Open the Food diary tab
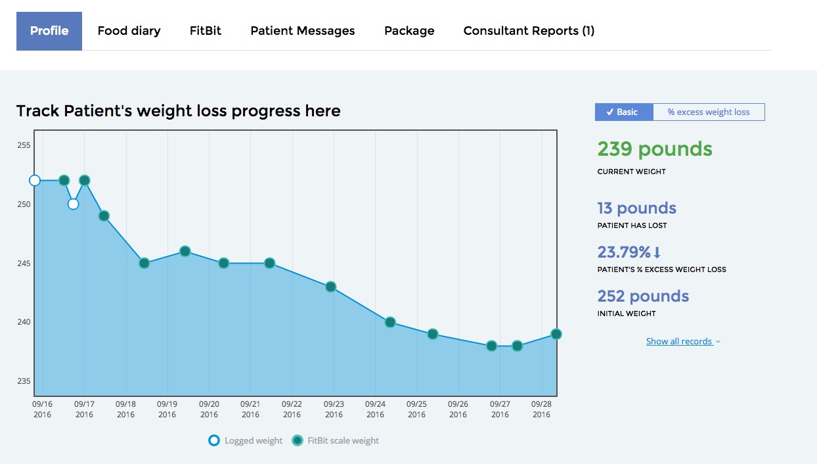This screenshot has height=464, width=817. [129, 31]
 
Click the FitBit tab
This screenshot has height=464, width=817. [206, 31]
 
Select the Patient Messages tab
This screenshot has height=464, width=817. [303, 31]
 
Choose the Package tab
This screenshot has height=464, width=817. [409, 31]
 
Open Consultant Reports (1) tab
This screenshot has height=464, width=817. [529, 31]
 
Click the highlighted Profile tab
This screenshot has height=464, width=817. [49, 31]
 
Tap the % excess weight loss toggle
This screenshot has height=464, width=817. [709, 112]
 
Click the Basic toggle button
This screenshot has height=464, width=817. [624, 112]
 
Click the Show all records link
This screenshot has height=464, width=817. [682, 341]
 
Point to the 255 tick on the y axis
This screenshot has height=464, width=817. [24, 145]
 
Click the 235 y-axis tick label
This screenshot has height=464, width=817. [24, 381]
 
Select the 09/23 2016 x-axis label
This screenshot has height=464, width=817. [334, 409]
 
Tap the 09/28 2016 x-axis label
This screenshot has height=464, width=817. [541, 409]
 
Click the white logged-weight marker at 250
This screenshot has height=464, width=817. [73, 204]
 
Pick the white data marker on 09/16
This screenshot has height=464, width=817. [35, 180]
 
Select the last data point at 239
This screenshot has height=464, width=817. [556, 334]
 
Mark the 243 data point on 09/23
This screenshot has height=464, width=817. [330, 287]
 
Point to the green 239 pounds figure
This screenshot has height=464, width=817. [654, 149]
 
